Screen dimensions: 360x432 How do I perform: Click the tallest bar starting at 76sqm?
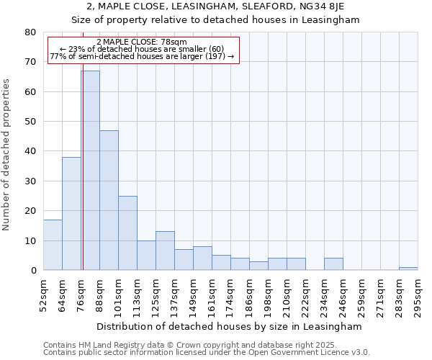pos(91,171)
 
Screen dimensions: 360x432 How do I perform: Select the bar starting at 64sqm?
pos(71,214)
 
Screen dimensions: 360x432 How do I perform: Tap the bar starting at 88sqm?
pos(109,200)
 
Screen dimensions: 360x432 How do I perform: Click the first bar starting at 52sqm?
pos(53,245)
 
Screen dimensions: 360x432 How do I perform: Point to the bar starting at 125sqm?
pos(165,251)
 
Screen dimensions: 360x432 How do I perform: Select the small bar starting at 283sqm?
pos(408,269)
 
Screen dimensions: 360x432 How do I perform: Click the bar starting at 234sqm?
pos(333,264)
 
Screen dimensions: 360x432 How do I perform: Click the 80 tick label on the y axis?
pos(30,32)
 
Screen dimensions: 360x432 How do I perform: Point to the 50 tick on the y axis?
pos(30,122)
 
